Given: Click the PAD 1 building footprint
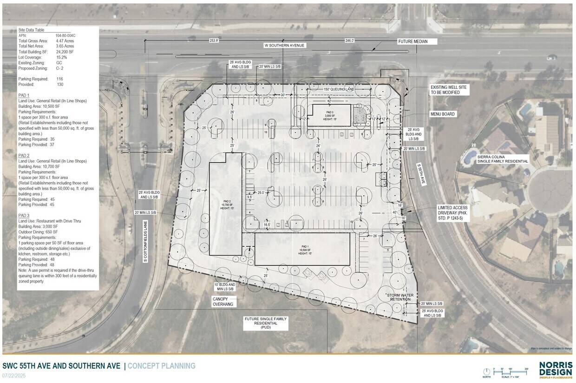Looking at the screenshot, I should [x=302, y=249].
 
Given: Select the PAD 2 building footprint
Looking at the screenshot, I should [x=225, y=205].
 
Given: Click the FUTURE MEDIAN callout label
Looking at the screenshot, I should [x=412, y=41].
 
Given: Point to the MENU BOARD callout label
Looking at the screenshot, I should [x=442, y=114].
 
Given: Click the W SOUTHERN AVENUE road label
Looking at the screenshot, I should [x=284, y=45].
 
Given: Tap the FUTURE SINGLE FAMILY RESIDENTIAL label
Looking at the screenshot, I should [x=266, y=323].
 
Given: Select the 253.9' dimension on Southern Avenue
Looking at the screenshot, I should [x=214, y=40].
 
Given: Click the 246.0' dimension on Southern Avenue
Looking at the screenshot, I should [x=349, y=40].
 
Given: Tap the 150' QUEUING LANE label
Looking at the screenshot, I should [x=339, y=88].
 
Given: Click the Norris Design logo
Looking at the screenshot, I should [x=556, y=370].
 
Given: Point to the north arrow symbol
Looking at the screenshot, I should [x=486, y=371].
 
